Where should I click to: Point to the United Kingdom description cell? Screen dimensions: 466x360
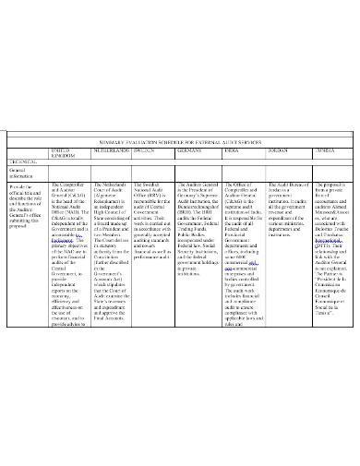[68, 268]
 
